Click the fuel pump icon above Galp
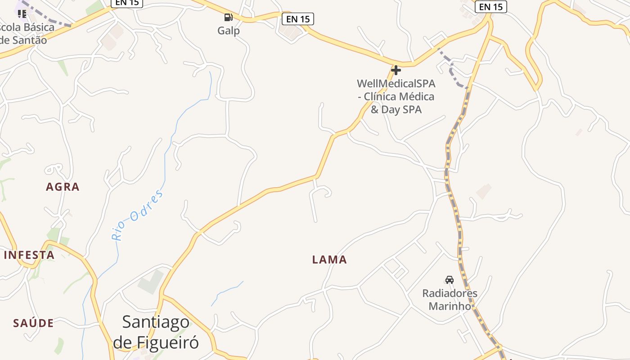click(x=228, y=18)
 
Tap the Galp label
click(x=229, y=31)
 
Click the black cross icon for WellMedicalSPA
click(x=396, y=70)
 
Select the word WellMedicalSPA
click(x=396, y=84)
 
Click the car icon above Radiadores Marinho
click(x=449, y=280)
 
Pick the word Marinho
click(x=450, y=306)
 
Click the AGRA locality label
click(x=63, y=187)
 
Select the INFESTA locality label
click(x=29, y=255)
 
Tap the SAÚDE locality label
click(x=33, y=323)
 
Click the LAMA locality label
click(x=330, y=260)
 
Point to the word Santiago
click(x=156, y=322)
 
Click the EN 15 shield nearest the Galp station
click(x=297, y=19)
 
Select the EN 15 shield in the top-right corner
click(x=491, y=7)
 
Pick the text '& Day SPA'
click(x=396, y=109)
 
